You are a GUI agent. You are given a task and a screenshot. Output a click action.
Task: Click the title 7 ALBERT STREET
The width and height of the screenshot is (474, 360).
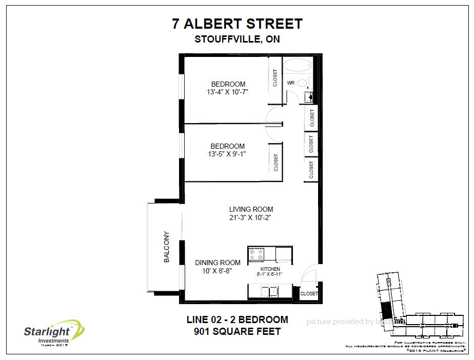[236, 24]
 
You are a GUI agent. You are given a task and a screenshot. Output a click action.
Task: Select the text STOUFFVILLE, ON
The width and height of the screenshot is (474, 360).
[236, 39]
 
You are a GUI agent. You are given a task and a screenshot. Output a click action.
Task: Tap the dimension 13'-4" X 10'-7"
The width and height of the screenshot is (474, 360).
[228, 93]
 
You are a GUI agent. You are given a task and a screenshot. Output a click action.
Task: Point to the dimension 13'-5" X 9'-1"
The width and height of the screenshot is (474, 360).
[228, 154]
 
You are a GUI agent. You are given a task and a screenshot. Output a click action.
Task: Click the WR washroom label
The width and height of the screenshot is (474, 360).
[290, 83]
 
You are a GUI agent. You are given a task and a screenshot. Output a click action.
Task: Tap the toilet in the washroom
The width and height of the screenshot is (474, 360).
[303, 83]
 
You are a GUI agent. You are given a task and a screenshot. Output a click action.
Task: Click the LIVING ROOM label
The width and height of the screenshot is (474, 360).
[251, 209]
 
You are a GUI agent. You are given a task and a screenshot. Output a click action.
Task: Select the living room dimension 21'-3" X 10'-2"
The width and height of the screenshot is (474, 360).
[251, 217]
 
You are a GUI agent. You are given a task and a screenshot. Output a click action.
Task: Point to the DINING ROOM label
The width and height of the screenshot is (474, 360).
[218, 263]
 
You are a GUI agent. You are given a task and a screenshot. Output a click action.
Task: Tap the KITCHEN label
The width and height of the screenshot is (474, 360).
[270, 269]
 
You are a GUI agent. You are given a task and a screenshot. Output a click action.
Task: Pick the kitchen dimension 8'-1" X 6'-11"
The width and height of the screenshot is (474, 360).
[270, 274]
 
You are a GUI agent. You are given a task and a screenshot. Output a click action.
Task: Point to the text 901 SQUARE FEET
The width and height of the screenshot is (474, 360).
[237, 331]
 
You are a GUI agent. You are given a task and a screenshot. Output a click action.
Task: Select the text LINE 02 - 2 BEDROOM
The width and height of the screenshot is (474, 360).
[237, 319]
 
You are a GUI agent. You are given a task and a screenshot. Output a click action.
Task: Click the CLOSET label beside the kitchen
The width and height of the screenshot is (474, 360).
[309, 294]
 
